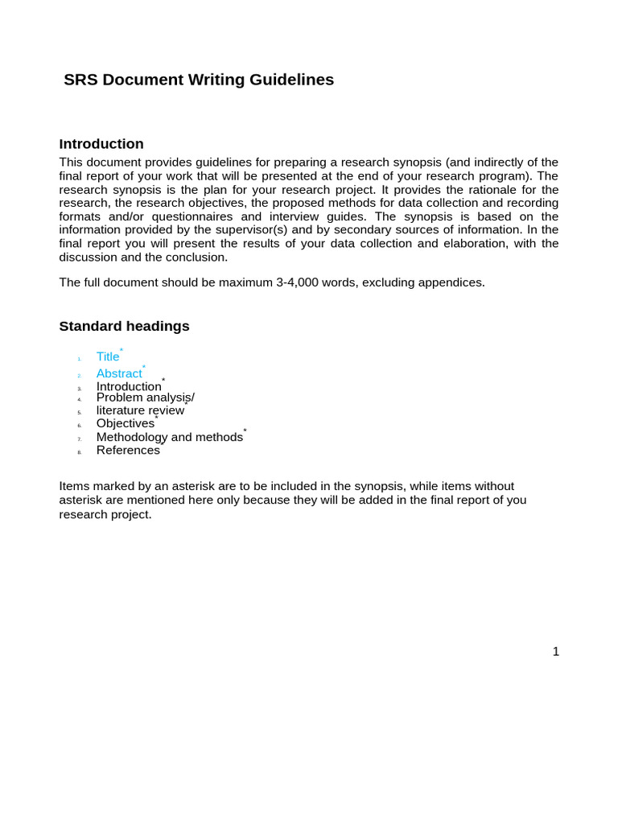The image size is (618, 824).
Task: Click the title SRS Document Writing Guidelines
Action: point(199,80)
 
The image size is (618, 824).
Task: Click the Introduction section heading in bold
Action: point(101,144)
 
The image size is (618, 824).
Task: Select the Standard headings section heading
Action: point(125,326)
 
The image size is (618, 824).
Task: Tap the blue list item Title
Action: point(108,356)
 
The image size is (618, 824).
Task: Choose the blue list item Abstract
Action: point(119,373)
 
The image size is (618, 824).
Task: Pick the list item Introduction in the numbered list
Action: point(129,386)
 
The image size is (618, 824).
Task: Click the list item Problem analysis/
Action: point(145,398)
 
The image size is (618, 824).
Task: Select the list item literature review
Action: point(140,410)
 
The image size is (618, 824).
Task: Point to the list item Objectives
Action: point(126,423)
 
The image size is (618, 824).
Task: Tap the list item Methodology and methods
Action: point(169,437)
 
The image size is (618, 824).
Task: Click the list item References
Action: point(128,450)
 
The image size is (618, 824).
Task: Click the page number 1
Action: point(555,652)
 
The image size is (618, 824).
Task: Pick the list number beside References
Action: point(80,452)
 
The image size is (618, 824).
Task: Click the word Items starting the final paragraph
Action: point(75,486)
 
